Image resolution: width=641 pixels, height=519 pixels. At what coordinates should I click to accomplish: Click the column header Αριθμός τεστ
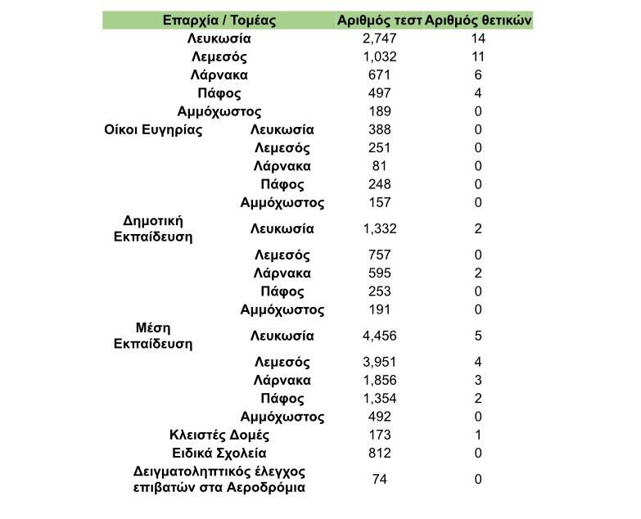(x=379, y=20)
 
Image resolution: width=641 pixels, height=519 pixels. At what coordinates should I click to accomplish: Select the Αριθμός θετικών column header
(x=479, y=20)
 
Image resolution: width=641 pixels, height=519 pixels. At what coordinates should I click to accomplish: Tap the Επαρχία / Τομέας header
(x=219, y=20)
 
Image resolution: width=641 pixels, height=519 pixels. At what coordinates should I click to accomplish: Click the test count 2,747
(x=379, y=38)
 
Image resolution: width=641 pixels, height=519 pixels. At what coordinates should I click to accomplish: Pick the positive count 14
(x=478, y=38)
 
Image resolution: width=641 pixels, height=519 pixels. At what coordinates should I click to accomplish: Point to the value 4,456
(x=379, y=336)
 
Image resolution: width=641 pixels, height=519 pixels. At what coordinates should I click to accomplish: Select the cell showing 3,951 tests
(x=379, y=362)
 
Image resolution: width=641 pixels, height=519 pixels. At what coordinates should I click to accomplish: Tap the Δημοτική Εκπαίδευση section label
(x=152, y=228)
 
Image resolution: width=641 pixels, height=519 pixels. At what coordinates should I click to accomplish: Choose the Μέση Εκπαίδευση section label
(x=152, y=336)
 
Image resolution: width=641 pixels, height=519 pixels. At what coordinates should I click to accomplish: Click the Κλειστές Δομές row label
(x=219, y=435)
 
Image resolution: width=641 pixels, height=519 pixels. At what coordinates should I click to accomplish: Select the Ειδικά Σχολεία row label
(x=219, y=453)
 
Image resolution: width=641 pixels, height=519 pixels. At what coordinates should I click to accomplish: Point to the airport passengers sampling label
(x=219, y=480)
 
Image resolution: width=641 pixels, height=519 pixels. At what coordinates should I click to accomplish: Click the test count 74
(x=379, y=480)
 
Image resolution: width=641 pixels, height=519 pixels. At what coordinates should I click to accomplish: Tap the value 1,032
(x=379, y=56)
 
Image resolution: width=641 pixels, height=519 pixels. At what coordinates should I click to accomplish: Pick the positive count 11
(x=478, y=56)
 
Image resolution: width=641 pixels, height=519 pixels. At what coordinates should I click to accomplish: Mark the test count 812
(x=379, y=453)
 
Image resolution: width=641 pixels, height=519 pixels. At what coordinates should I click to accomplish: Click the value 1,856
(x=379, y=381)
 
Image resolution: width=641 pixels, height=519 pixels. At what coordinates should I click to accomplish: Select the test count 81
(x=379, y=166)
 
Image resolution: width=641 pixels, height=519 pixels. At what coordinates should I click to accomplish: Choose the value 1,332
(x=379, y=228)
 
